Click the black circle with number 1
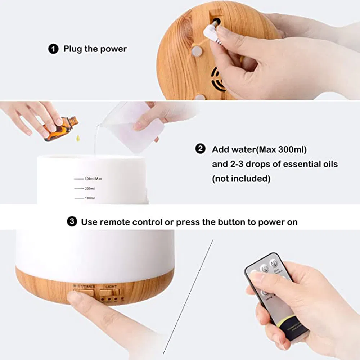coord(53,49)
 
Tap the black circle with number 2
coord(200,149)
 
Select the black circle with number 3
coord(72,222)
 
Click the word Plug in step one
coord(72,49)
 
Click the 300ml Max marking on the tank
coord(93,179)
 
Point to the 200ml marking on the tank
coord(89,188)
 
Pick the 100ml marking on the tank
coord(90,198)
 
